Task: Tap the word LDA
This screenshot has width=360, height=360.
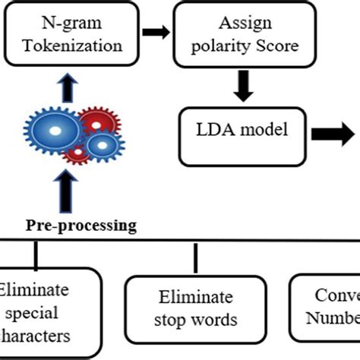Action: [211, 129]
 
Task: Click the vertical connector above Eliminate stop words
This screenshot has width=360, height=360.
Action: [196, 260]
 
